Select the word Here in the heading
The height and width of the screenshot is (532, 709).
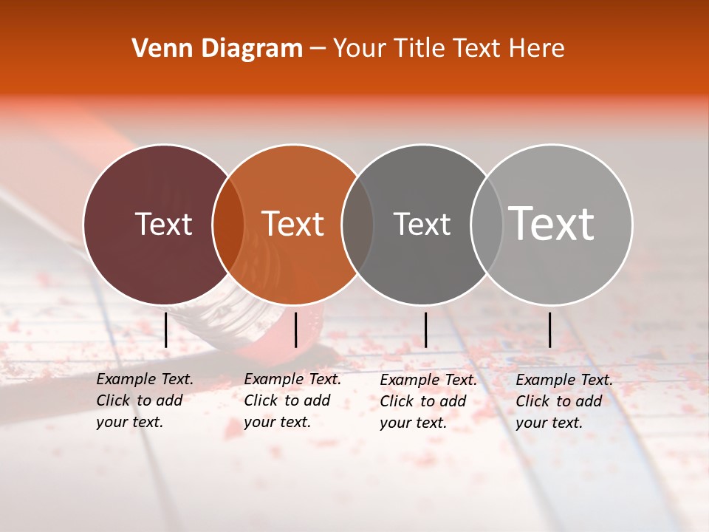click(x=537, y=49)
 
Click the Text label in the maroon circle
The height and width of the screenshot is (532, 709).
click(x=163, y=224)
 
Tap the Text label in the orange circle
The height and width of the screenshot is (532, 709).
click(x=293, y=224)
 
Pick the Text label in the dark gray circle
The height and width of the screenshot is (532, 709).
click(x=422, y=224)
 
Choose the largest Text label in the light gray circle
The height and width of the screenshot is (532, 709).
click(x=552, y=224)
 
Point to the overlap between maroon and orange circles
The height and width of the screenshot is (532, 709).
click(x=228, y=224)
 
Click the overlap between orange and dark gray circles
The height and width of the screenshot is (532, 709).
click(x=357, y=224)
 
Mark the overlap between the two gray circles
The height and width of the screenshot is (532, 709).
click(x=487, y=224)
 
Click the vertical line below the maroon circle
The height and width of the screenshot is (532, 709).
click(x=166, y=330)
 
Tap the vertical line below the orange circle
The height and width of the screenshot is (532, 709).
click(x=295, y=330)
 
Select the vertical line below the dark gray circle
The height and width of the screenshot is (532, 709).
click(x=425, y=330)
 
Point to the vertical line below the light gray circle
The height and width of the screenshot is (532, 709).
click(x=550, y=330)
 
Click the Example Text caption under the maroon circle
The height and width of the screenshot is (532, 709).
click(x=144, y=400)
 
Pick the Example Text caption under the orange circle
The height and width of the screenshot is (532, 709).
click(x=292, y=400)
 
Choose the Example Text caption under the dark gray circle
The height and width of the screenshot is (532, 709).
click(x=428, y=401)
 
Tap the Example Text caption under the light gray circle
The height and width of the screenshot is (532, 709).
click(x=564, y=401)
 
